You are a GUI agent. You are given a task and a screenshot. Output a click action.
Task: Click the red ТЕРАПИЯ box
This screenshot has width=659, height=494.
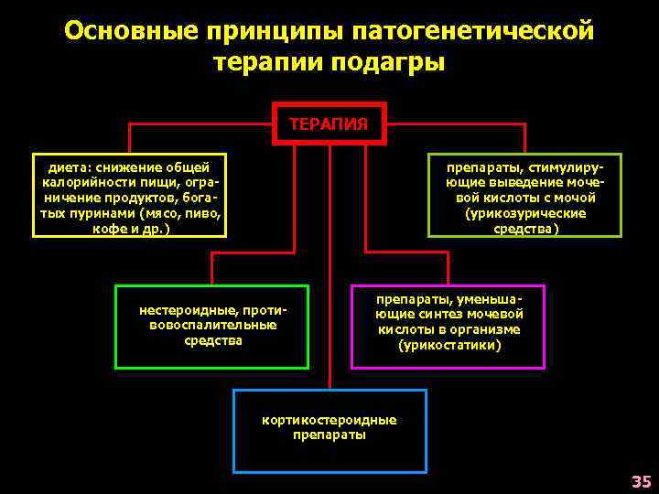329,123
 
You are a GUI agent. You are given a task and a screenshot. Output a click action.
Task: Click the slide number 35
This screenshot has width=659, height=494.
641,482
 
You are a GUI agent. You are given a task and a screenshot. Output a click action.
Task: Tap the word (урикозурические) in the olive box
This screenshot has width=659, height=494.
524,213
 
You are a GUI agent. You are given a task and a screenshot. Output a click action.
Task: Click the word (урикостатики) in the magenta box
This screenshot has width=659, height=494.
448,345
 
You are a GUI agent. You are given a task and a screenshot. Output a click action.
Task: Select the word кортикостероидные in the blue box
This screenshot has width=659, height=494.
329,420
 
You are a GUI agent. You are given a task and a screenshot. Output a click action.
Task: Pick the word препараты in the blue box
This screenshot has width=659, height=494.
329,435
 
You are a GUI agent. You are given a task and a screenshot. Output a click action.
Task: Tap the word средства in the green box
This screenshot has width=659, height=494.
213,340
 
